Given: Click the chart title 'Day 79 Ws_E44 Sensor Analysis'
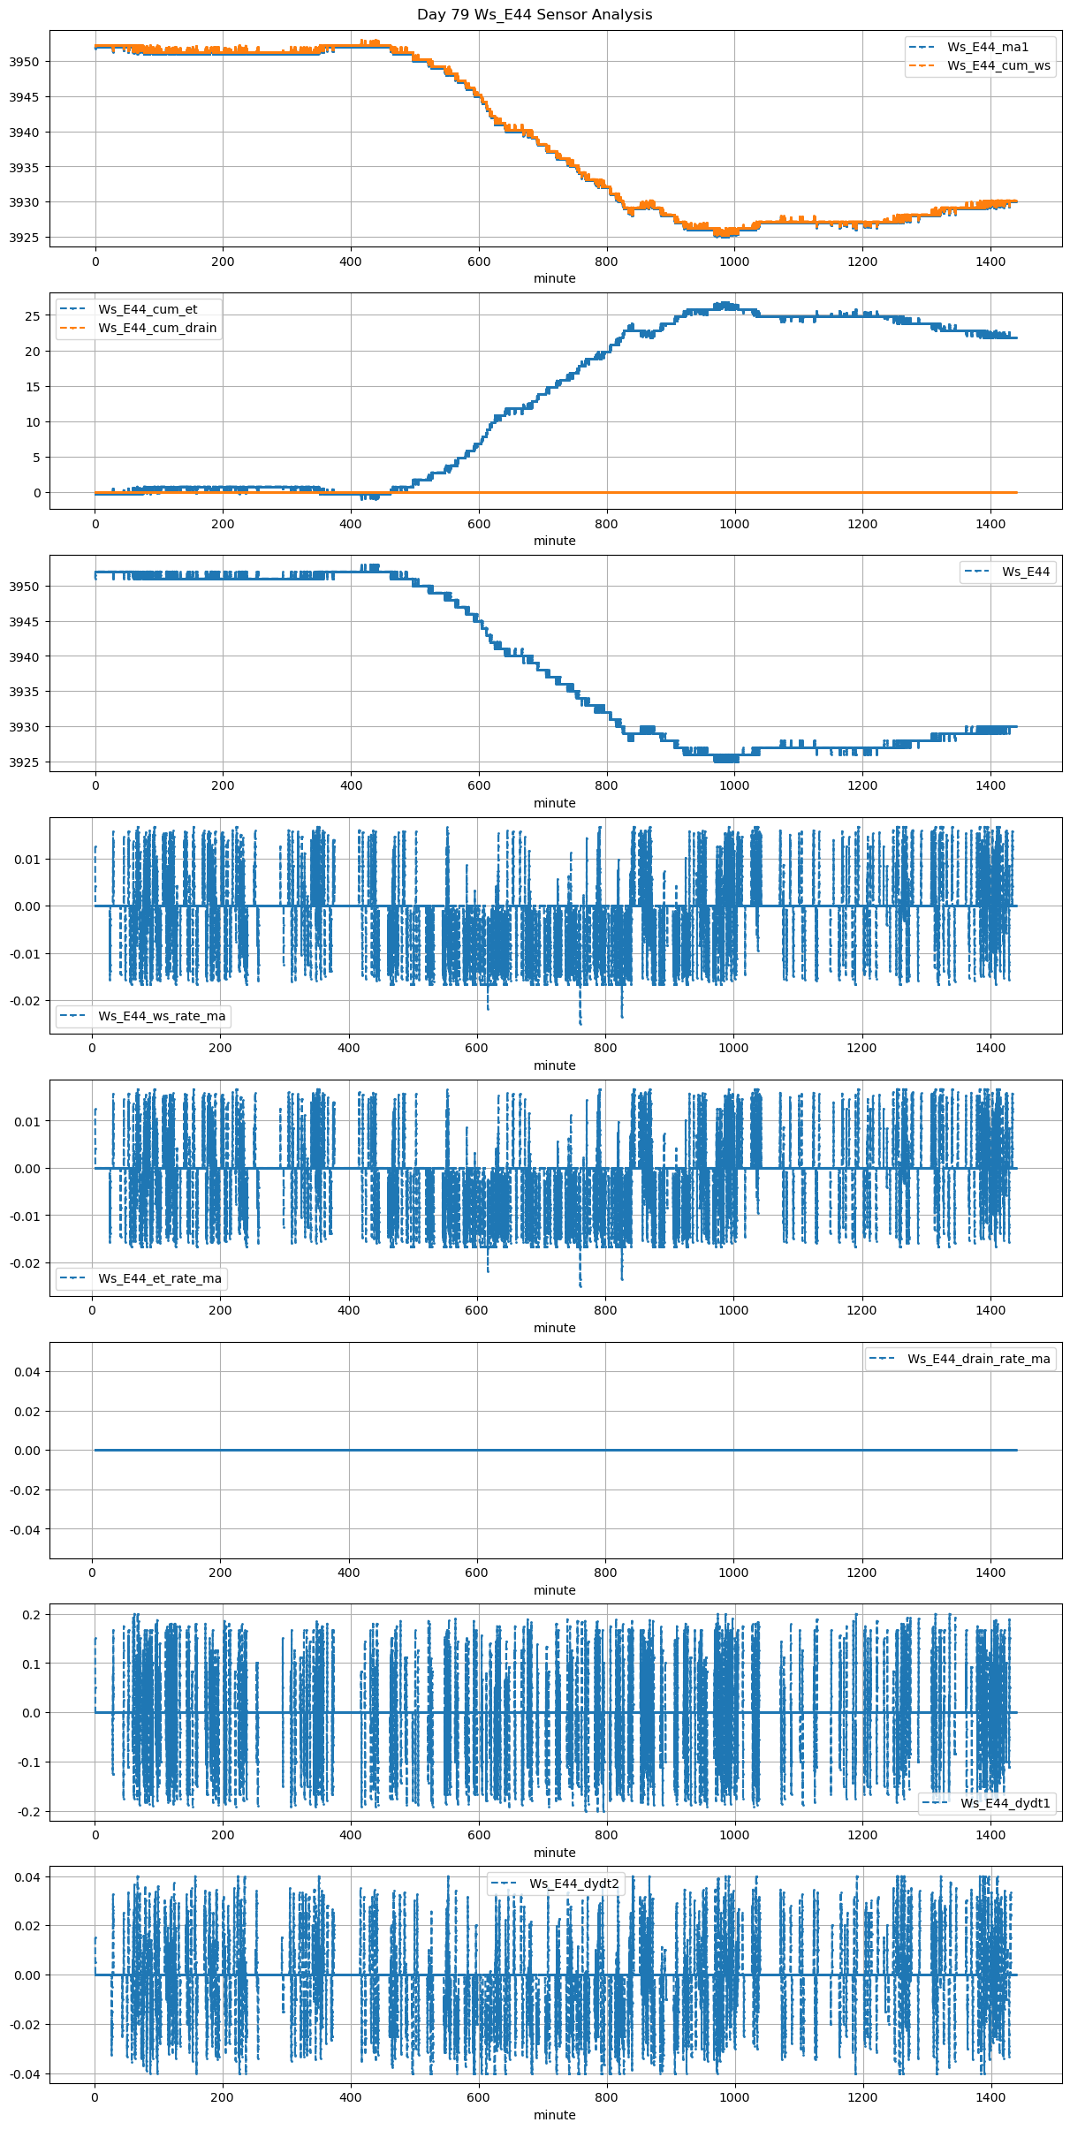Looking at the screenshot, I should click(x=535, y=14).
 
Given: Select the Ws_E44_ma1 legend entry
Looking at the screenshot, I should click(x=988, y=47).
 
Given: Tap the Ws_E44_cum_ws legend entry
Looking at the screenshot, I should click(x=998, y=65).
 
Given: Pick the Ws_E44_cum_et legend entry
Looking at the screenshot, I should click(x=148, y=309).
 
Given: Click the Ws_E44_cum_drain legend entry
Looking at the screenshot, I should click(x=157, y=328).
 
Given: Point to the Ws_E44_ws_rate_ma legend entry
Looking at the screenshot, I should click(x=162, y=1016).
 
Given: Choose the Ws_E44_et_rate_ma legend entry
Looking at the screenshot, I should click(x=160, y=1278).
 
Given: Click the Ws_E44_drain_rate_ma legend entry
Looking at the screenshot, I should click(x=979, y=1359).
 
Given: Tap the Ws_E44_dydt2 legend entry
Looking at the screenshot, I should click(x=574, y=1884).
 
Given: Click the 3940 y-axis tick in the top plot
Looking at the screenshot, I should click(x=24, y=133).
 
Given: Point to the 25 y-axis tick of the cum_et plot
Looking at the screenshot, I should click(x=33, y=316).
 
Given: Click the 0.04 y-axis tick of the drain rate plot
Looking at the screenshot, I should click(x=27, y=1372).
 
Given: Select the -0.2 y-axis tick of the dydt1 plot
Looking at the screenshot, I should click(x=29, y=1812).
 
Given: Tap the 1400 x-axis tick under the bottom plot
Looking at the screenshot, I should click(x=990, y=2097).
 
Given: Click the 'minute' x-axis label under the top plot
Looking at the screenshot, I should click(x=555, y=278).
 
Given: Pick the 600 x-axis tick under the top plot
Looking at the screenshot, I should click(x=479, y=262).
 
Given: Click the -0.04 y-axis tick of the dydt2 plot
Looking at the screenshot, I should click(x=25, y=2074).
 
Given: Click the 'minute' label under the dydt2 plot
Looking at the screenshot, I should click(x=555, y=2115).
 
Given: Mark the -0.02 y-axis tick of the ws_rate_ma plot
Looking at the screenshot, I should click(x=25, y=1001).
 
